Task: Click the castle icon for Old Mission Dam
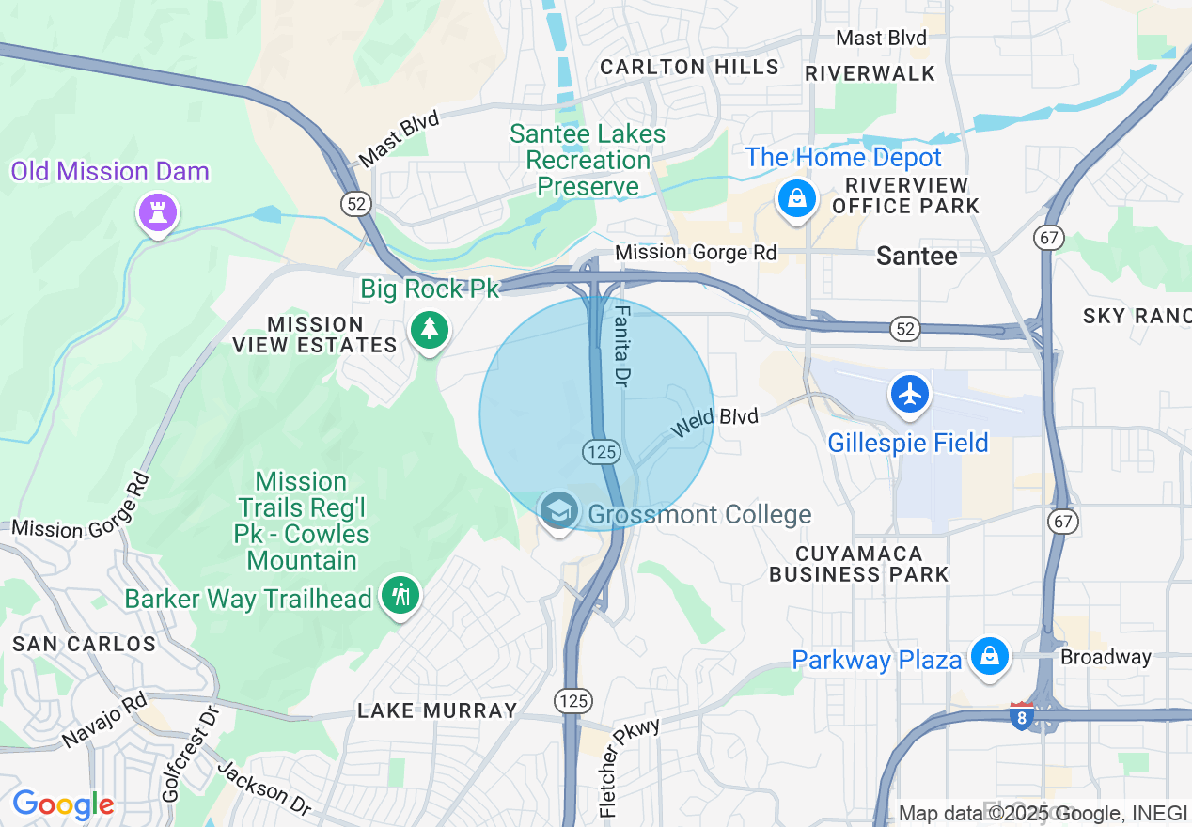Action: point(158,212)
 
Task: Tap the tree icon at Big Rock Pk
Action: point(430,328)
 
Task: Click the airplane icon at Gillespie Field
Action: point(909,394)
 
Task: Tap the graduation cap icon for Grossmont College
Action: point(559,512)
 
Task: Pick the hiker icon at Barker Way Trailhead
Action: point(401,595)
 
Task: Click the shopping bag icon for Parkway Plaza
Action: point(989,655)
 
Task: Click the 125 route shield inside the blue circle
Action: point(601,452)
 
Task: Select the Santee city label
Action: point(917,256)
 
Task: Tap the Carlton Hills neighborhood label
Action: point(689,67)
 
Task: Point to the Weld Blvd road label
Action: point(714,422)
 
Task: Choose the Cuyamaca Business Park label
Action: point(858,564)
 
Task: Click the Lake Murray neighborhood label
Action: point(437,710)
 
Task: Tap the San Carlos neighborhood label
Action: point(84,644)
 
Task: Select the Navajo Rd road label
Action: point(105,721)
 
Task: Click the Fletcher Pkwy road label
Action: point(629,766)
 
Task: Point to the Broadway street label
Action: point(1106,657)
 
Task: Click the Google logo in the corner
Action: point(63,804)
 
